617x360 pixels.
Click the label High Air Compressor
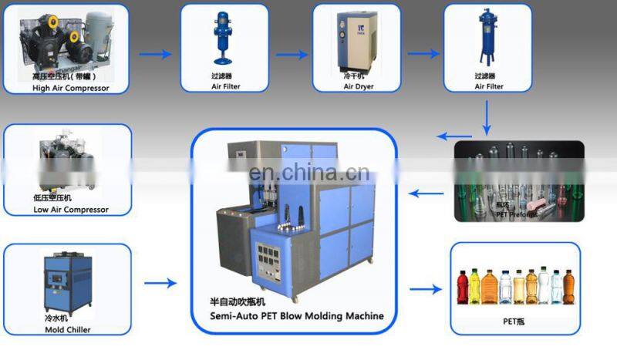click(71, 88)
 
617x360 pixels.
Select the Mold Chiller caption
click(67, 330)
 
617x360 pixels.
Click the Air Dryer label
click(359, 87)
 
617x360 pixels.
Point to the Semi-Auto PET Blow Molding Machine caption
click(297, 316)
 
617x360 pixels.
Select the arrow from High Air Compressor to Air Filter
click(156, 55)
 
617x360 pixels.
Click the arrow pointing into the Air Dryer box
click(292, 55)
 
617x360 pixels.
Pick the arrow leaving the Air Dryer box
click(423, 55)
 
